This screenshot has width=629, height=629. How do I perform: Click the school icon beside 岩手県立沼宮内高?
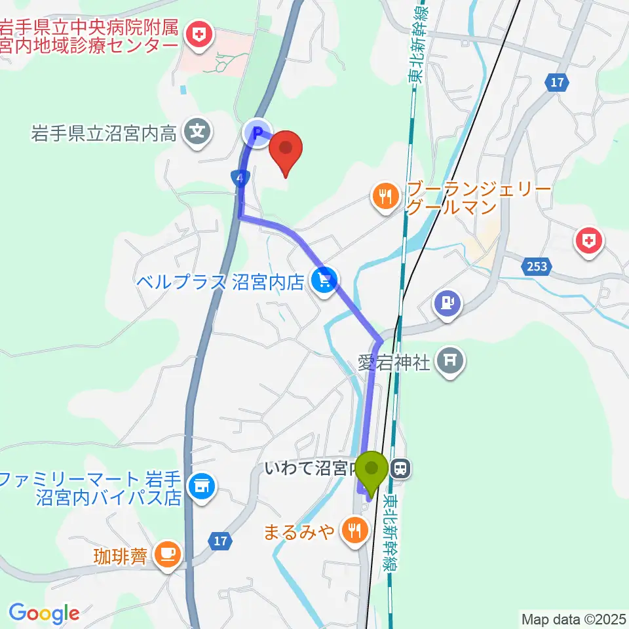[197, 133]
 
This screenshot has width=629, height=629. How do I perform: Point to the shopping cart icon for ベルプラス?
[323, 282]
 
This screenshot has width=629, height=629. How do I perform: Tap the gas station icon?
[448, 303]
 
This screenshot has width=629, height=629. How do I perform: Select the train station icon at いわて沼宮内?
[400, 468]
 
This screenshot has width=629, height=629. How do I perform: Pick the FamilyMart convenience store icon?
[199, 486]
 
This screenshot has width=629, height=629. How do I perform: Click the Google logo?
[44, 613]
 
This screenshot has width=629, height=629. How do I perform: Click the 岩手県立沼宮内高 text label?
[104, 134]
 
